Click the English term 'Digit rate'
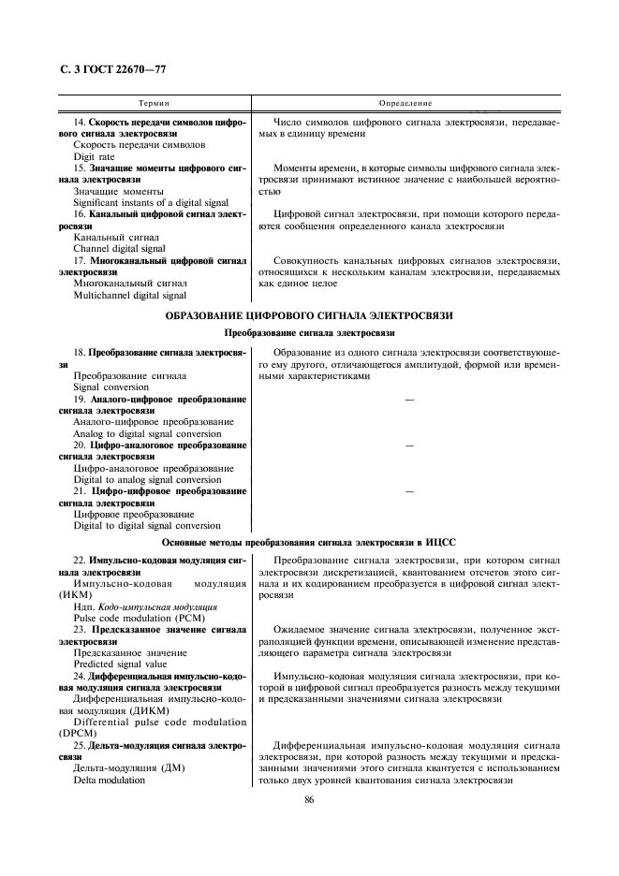click(94, 156)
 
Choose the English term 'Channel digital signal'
click(119, 249)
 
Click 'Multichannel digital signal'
click(129, 295)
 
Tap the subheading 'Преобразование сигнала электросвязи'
click(309, 333)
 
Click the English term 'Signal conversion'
click(111, 387)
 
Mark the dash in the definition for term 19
click(407, 400)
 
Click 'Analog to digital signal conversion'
click(147, 433)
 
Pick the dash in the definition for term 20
click(407, 445)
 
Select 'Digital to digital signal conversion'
click(147, 526)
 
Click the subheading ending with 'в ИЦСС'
click(309, 542)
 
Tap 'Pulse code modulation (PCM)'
click(132, 619)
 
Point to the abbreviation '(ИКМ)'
click(88, 594)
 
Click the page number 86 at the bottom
click(309, 799)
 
